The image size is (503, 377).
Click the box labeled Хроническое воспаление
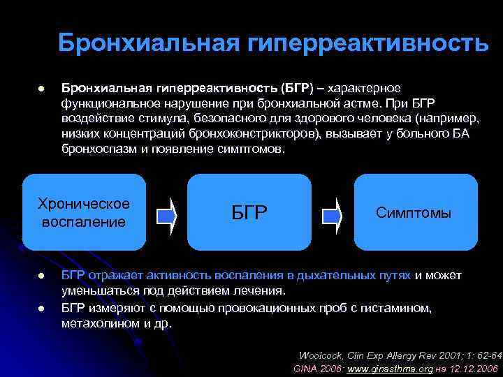[x=84, y=212]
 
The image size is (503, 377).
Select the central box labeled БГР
[x=249, y=212]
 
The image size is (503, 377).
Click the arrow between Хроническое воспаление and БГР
[x=166, y=214]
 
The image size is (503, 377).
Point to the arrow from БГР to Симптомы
[x=332, y=214]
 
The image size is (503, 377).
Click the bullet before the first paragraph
[x=41, y=89]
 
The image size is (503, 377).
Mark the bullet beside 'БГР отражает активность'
[x=41, y=276]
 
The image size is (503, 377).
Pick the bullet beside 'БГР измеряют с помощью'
[x=41, y=308]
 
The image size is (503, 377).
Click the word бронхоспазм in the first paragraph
[x=96, y=149]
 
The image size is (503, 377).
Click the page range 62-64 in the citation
[x=486, y=354]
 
